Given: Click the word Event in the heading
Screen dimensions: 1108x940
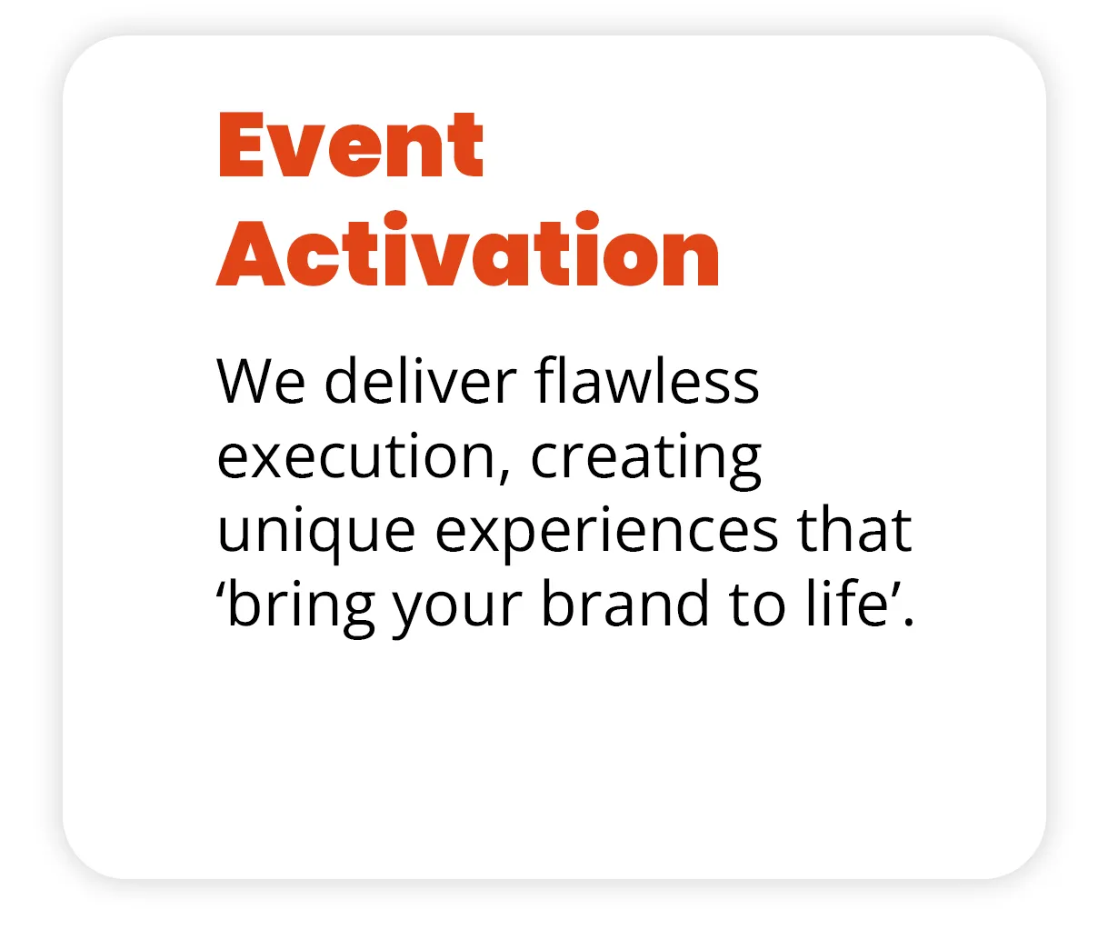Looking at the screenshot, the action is pos(351,145).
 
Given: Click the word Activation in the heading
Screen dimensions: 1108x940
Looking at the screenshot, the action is pos(467,248).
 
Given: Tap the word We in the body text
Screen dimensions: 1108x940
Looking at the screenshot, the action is pos(261,381).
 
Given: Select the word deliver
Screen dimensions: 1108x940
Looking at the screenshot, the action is pos(421,380).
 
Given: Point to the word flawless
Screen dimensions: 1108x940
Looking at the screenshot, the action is pos(647,379).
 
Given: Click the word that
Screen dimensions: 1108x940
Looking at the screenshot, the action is pos(854,529).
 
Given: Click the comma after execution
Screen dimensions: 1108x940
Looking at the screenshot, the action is pos(504,475).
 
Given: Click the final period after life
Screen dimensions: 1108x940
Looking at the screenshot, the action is pos(909,622).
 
